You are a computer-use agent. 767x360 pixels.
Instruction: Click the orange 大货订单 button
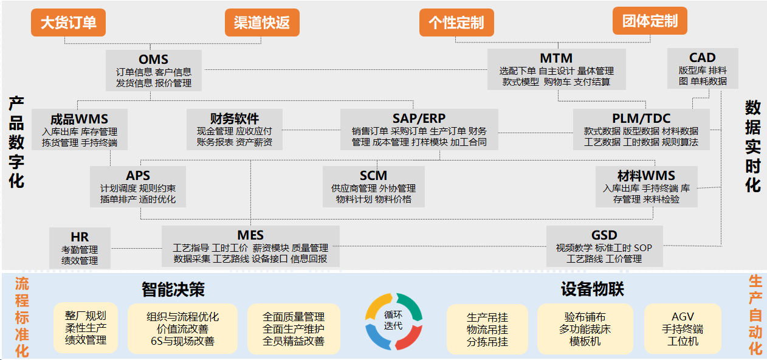point(68,23)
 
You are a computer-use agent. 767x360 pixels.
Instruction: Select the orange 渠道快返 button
point(262,23)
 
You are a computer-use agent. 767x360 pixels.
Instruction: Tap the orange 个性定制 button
point(456,23)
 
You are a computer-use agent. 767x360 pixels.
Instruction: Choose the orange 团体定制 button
point(650,21)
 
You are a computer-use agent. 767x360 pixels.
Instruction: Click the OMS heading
point(153,60)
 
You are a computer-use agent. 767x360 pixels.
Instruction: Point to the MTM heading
point(556,58)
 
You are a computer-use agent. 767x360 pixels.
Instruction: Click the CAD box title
point(703,58)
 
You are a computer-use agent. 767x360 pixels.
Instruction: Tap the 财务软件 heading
point(235,119)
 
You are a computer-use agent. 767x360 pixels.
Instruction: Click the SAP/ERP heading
point(419,118)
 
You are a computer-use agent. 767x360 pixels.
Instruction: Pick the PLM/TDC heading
point(641,118)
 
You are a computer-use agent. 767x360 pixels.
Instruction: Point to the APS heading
point(138,176)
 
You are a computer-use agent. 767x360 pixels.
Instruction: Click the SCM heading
point(373,176)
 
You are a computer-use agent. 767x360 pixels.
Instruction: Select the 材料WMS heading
point(646,176)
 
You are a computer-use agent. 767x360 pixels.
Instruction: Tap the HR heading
point(80,237)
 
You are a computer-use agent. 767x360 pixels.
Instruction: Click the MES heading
point(250,235)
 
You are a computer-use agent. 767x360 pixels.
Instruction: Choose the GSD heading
point(604,235)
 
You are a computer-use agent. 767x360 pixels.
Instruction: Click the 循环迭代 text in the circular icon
point(393,320)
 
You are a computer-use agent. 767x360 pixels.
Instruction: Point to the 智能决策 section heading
point(173,289)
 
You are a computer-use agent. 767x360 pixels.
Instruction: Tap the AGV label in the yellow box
point(683,317)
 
